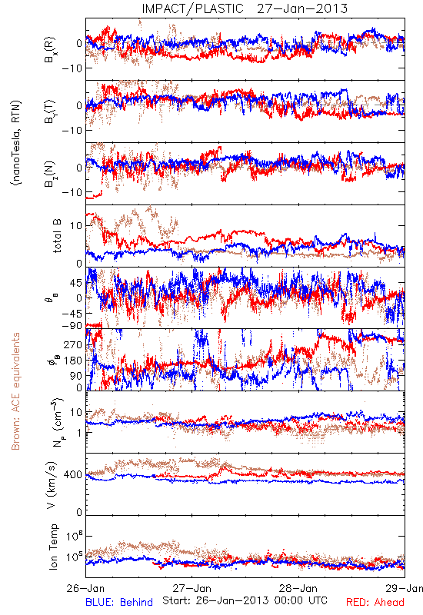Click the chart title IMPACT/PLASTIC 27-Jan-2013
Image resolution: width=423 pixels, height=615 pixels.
(x=245, y=8)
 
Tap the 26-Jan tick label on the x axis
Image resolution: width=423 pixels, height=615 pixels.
(x=85, y=588)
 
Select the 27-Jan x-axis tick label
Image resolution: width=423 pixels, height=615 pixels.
(x=192, y=588)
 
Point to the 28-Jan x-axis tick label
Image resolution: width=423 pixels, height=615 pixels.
(x=298, y=588)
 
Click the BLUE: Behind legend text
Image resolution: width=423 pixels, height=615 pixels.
(x=119, y=602)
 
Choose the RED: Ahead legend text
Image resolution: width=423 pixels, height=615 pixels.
(x=375, y=602)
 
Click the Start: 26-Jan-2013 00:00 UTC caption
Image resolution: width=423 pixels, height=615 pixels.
(x=245, y=600)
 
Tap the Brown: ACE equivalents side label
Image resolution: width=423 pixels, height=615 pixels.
(x=15, y=391)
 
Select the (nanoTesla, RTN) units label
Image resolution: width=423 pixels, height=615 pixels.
(x=16, y=142)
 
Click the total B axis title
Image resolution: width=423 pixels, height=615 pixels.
(x=56, y=236)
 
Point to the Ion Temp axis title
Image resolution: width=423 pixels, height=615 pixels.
(x=54, y=547)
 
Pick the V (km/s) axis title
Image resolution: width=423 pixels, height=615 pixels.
(x=52, y=485)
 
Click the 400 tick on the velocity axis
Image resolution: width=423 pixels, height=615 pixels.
(x=73, y=474)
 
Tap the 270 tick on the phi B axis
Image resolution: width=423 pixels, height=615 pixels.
(x=73, y=344)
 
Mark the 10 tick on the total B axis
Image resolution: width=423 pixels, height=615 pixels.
(x=76, y=226)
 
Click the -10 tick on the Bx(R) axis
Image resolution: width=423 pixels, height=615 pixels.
(x=72, y=68)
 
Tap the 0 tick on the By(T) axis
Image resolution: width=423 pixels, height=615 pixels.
(x=79, y=105)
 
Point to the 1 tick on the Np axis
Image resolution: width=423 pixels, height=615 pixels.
(x=79, y=433)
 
